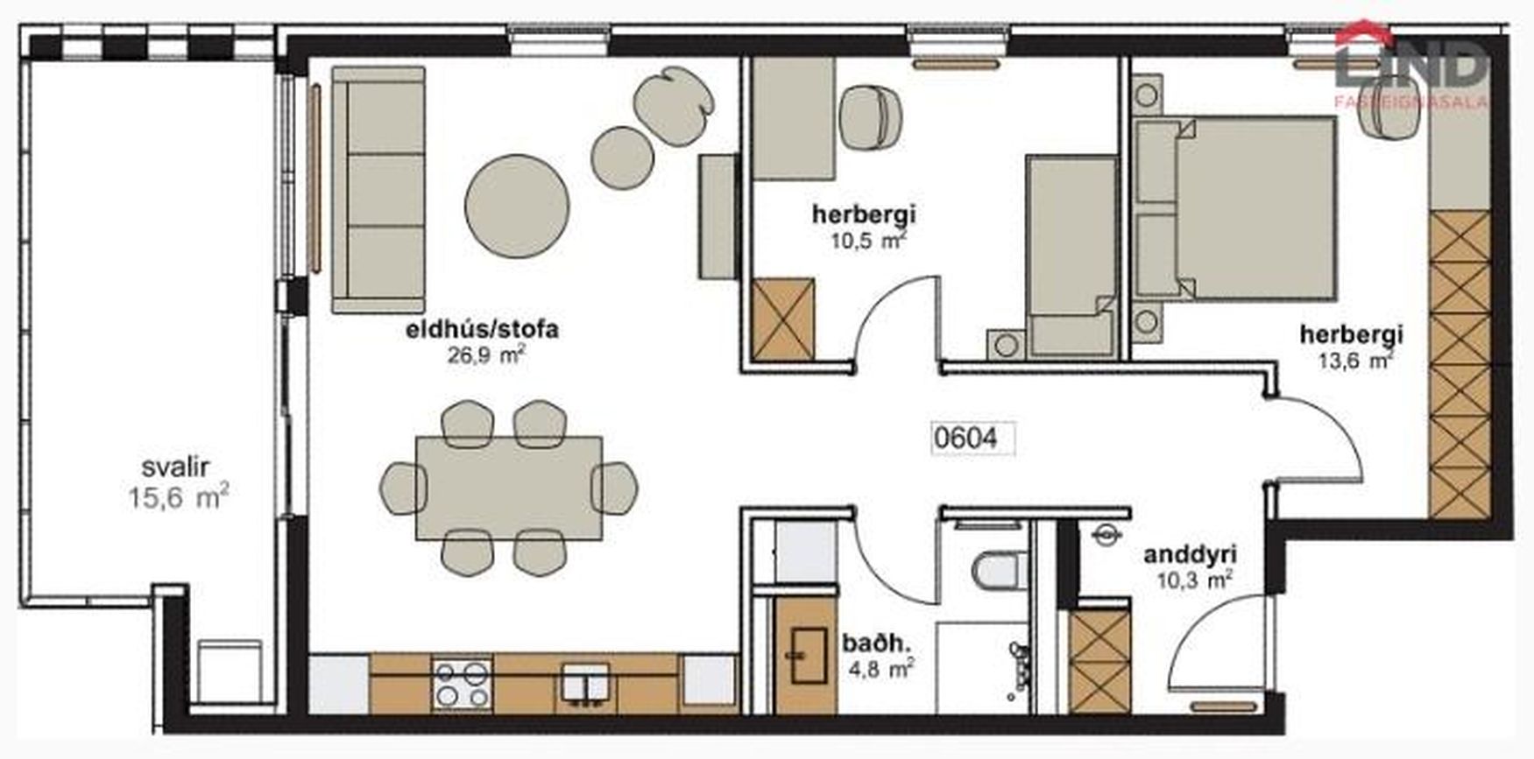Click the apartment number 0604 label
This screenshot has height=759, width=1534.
[x=966, y=438]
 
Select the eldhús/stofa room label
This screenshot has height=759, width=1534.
[x=482, y=330]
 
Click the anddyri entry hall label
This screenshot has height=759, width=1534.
[x=1190, y=554]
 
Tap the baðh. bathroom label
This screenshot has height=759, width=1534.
[x=877, y=643]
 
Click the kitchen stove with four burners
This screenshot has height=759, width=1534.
[x=462, y=683]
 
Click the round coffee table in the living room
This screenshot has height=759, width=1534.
[x=517, y=206]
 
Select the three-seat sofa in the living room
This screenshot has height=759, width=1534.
[x=378, y=190]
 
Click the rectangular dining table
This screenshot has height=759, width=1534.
[x=509, y=488]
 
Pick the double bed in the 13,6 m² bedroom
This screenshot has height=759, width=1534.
[x=1234, y=208]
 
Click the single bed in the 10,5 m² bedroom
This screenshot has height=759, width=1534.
[x=1072, y=256]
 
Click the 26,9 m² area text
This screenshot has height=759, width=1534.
[x=486, y=355]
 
